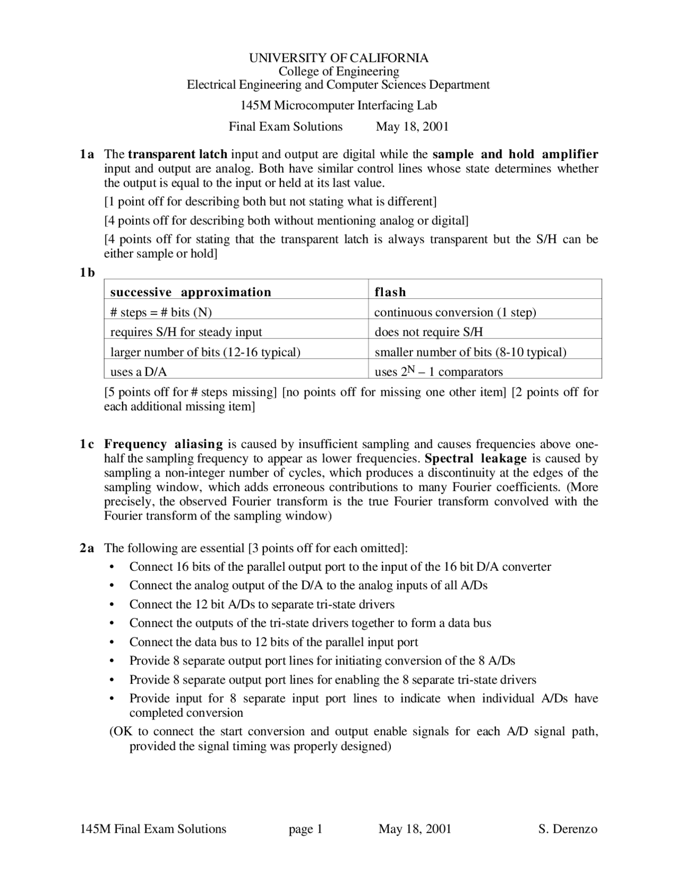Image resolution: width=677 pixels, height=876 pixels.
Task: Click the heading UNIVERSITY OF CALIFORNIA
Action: point(338,58)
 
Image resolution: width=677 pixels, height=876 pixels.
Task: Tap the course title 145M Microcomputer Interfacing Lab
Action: point(338,105)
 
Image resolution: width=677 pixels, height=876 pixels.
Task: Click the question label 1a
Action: point(87,154)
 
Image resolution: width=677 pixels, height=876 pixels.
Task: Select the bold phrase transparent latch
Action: point(178,154)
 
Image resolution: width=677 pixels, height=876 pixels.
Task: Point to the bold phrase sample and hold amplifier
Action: point(515,154)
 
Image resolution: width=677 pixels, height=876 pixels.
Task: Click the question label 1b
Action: point(87,272)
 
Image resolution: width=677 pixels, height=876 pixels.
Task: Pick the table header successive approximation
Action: point(190,292)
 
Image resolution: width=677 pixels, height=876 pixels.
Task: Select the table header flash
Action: point(390,292)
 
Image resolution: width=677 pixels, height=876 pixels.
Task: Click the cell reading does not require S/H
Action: point(429,332)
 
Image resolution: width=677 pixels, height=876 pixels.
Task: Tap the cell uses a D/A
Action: point(139,372)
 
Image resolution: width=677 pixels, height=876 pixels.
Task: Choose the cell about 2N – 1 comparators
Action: point(438,372)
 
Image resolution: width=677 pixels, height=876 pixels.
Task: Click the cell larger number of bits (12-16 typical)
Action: point(205,352)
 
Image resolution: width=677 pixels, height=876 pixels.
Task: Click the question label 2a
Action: point(87,548)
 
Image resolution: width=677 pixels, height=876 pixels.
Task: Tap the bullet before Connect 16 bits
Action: point(111,568)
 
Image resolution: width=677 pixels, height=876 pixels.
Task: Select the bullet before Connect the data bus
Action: point(111,643)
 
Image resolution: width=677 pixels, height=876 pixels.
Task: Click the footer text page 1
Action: point(306,829)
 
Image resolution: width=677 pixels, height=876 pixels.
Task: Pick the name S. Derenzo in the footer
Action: point(568,829)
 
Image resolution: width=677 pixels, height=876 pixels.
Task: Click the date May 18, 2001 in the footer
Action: point(415,829)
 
